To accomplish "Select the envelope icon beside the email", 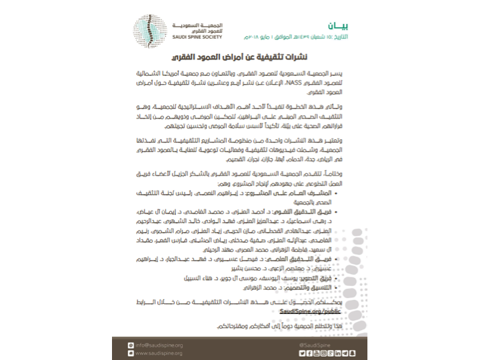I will pos(131,344).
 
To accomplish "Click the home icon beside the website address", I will pos(131,352).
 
